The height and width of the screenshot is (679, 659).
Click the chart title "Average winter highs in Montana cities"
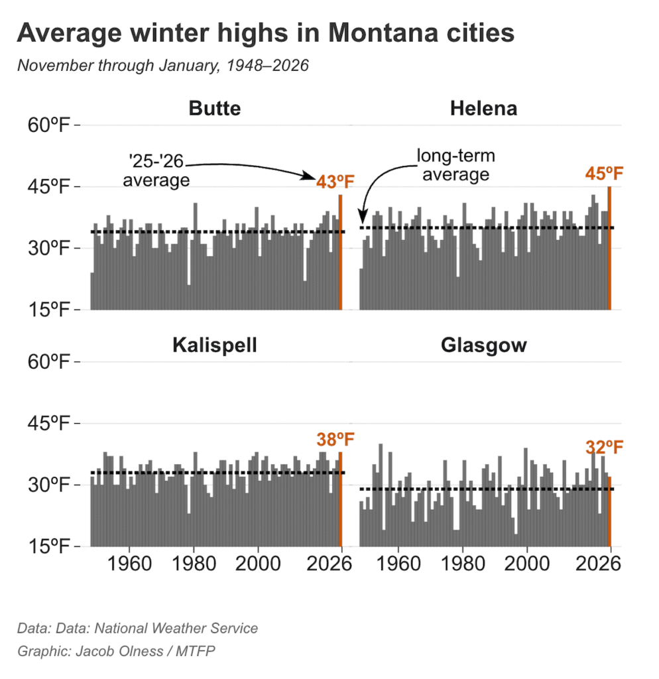coord(265,33)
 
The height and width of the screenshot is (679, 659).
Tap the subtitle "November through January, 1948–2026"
coord(163,66)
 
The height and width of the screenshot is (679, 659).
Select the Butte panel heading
coord(214,108)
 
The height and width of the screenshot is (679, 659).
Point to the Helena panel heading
coord(483,108)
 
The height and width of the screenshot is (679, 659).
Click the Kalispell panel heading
coord(214,345)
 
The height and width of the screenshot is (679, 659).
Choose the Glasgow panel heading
coord(483,345)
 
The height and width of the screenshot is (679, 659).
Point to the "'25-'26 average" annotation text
coord(156,171)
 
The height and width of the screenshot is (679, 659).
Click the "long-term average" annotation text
coord(455,165)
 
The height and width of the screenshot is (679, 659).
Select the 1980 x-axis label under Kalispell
coord(194,564)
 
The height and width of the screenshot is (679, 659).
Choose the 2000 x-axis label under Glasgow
coord(526,564)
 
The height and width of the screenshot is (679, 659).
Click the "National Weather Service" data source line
coord(138,628)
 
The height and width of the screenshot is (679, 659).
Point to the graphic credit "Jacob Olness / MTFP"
coord(117,651)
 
